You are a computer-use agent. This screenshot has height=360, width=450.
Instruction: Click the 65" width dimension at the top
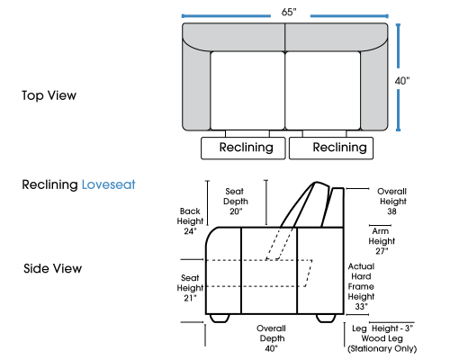tap(289, 12)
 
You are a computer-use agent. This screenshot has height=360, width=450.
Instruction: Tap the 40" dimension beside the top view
tap(402, 81)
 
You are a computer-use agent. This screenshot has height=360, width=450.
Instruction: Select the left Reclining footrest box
tap(243, 148)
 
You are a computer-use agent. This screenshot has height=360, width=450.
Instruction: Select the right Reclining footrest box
tap(331, 148)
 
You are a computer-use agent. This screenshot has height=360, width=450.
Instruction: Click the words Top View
tap(49, 95)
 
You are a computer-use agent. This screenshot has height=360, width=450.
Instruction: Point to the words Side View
tap(52, 268)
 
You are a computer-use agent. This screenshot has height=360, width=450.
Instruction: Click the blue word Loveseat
tap(108, 184)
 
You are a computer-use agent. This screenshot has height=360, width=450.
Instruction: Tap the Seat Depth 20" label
tap(236, 202)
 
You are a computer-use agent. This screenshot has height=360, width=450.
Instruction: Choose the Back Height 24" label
tap(190, 220)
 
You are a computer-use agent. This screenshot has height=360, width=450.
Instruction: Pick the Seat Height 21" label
tap(190, 288)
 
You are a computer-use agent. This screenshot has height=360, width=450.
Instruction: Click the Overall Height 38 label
tap(392, 202)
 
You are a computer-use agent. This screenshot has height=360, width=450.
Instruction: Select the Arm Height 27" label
tap(382, 241)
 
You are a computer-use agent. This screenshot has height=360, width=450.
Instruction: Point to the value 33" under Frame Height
tap(361, 307)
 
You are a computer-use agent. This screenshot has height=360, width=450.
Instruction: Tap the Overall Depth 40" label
tap(272, 338)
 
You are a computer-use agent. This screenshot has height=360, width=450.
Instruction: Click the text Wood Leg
tap(382, 338)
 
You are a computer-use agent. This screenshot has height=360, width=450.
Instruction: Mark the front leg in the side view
tap(220, 319)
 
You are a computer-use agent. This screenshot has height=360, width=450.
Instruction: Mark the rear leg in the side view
tap(326, 319)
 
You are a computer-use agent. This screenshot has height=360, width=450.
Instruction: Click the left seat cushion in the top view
tap(247, 91)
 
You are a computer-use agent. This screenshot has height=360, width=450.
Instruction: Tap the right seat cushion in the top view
tap(323, 91)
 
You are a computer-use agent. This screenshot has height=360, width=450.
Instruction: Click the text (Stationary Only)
tap(382, 348)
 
